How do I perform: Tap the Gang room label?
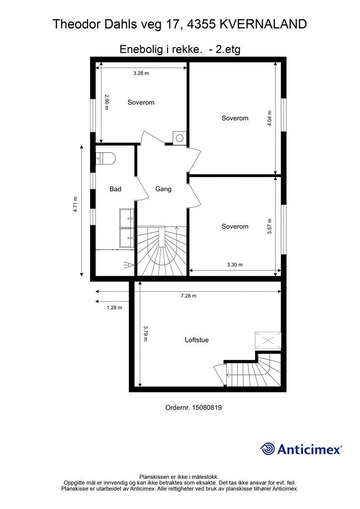pyautogui.click(x=163, y=189)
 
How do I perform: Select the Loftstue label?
pyautogui.click(x=197, y=340)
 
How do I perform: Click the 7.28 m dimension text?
pyautogui.click(x=188, y=296)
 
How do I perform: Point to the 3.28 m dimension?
pyautogui.click(x=141, y=74)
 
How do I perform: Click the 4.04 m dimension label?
pyautogui.click(x=270, y=118)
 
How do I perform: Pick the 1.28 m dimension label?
pyautogui.click(x=114, y=307)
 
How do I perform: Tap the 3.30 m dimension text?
pyautogui.click(x=235, y=264)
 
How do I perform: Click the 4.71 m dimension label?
pyautogui.click(x=75, y=204)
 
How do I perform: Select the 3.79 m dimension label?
pyautogui.click(x=145, y=334)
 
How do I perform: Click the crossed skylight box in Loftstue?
pyautogui.click(x=268, y=340)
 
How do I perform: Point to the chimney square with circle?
pyautogui.click(x=179, y=138)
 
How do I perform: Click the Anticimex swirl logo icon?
pyautogui.click(x=268, y=449)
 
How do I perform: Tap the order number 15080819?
pyautogui.click(x=207, y=408)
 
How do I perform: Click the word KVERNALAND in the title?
pyautogui.click(x=263, y=24)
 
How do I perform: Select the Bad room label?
pyautogui.click(x=115, y=189)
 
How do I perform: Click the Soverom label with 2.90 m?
pyautogui.click(x=141, y=102)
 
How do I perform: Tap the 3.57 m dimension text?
pyautogui.click(x=270, y=226)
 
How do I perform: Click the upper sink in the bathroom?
pyautogui.click(x=127, y=218)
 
